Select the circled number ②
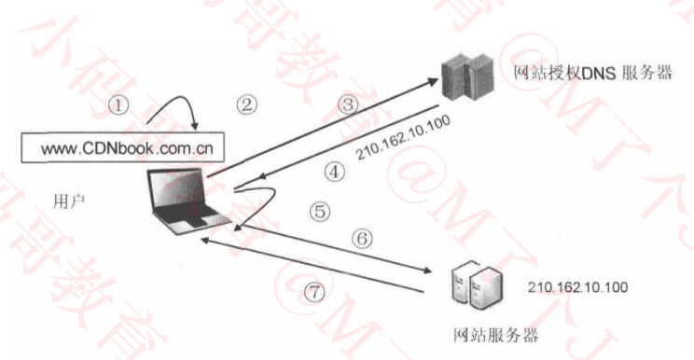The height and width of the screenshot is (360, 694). pyautogui.click(x=245, y=104)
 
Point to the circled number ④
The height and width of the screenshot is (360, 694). pyautogui.click(x=334, y=171)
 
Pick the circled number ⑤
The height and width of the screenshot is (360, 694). pyautogui.click(x=320, y=211)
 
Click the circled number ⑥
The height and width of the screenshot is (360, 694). pyautogui.click(x=362, y=238)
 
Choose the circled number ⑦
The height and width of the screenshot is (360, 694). pyautogui.click(x=317, y=291)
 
